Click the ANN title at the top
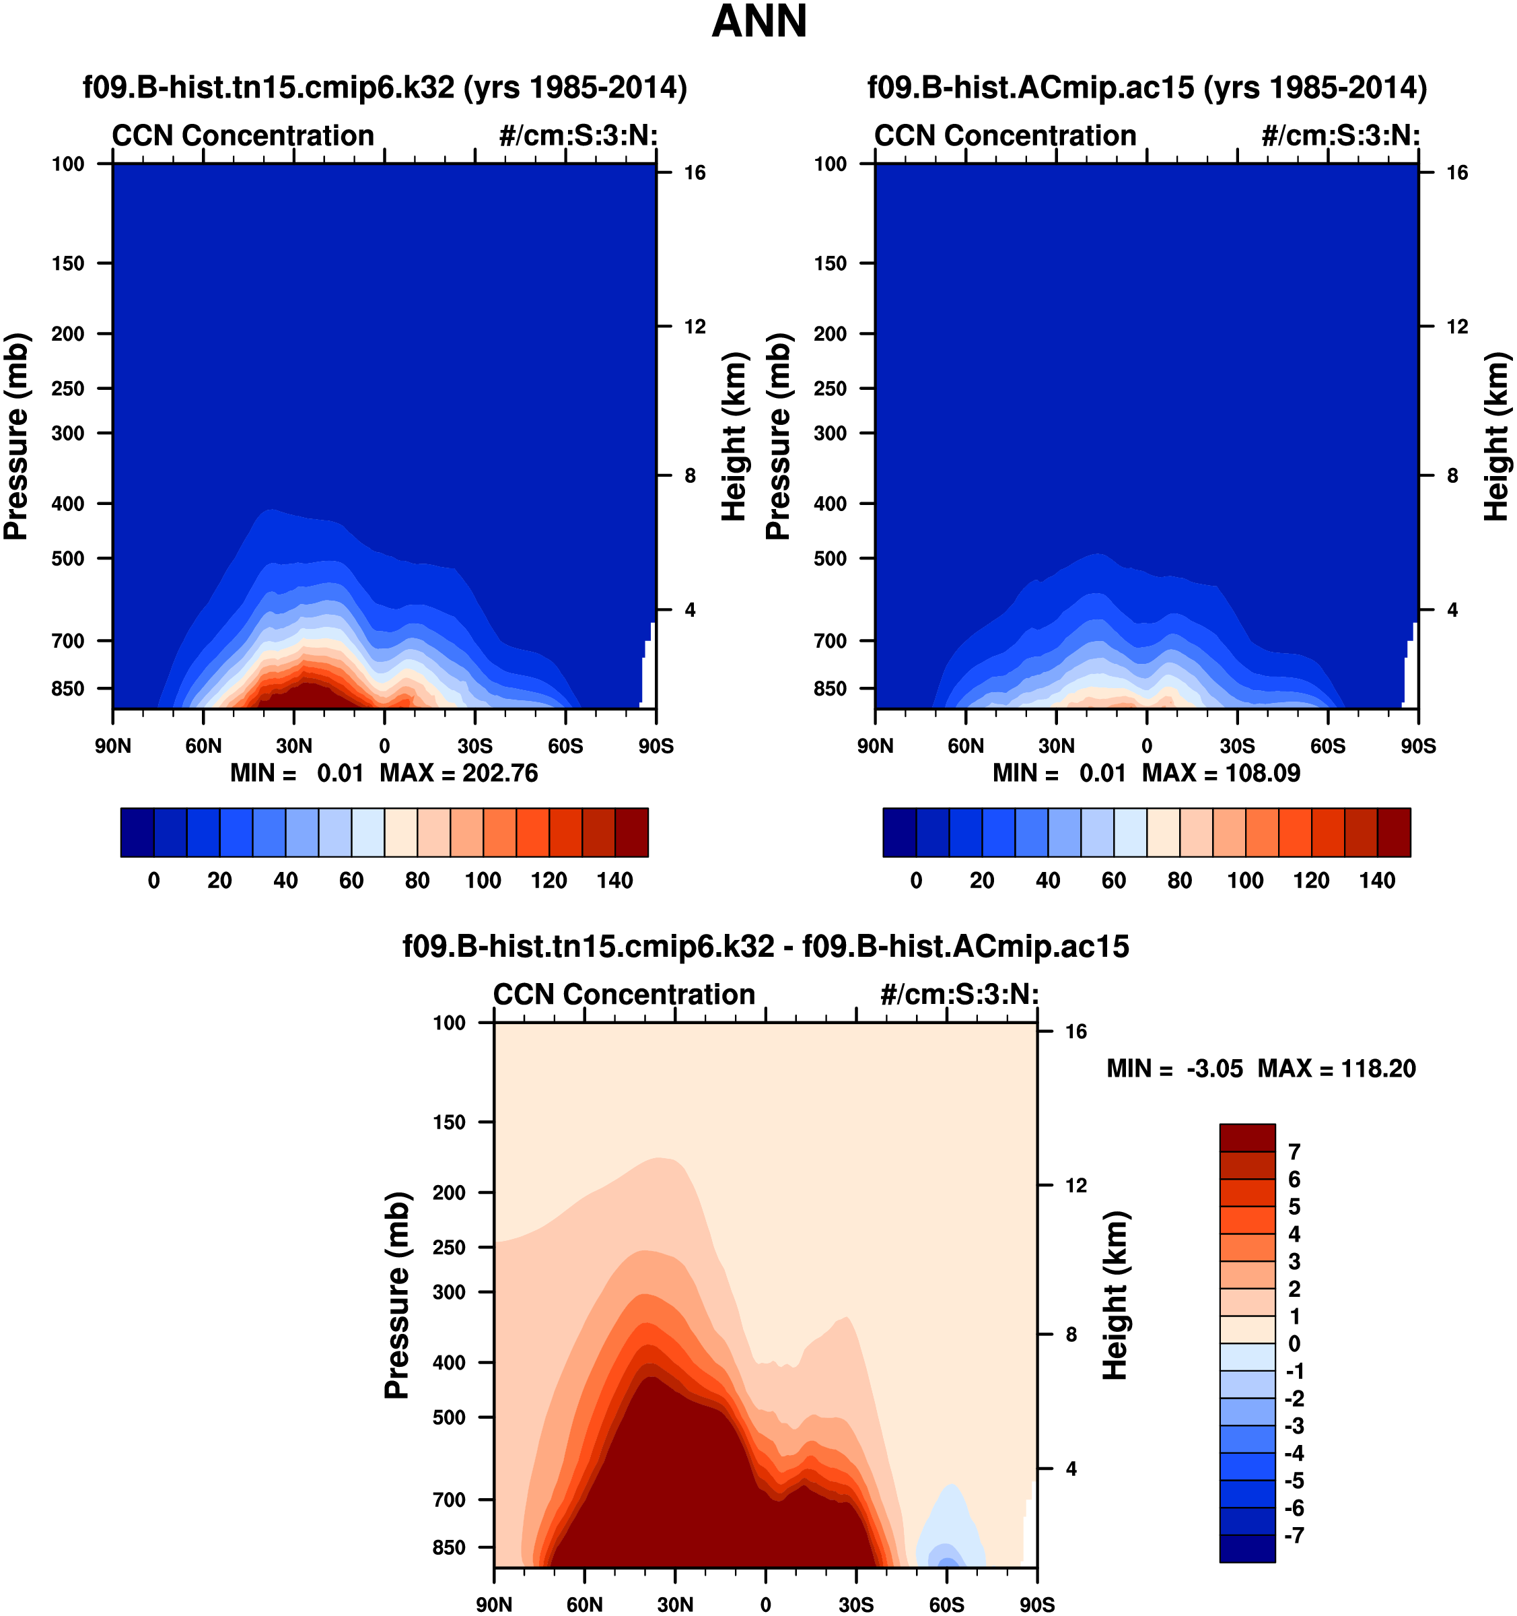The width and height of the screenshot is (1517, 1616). point(759,22)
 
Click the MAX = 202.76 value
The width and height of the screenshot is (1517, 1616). point(459,773)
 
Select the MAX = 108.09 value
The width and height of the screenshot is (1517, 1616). point(1222,773)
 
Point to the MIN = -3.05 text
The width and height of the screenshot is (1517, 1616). point(1174,1068)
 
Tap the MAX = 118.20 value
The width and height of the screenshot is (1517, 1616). point(1337,1068)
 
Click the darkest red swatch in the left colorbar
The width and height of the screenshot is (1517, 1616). point(631,832)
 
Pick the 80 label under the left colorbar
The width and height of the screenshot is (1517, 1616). point(417,880)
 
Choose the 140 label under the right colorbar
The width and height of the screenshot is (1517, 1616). point(1377,880)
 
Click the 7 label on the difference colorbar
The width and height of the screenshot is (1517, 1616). point(1294,1152)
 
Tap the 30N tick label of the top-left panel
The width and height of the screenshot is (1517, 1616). point(293,746)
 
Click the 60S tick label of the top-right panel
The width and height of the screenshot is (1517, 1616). point(1328,746)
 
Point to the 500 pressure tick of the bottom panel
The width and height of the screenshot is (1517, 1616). point(450,1417)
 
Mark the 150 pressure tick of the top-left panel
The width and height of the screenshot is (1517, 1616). point(68,263)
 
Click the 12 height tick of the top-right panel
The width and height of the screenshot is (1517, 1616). point(1458,327)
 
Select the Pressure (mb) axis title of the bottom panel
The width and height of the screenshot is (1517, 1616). point(396,1295)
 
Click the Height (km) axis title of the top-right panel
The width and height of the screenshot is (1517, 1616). point(1496,436)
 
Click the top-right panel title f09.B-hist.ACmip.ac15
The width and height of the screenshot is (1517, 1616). point(1146,88)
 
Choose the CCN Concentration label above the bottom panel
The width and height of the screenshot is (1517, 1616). point(624,994)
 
